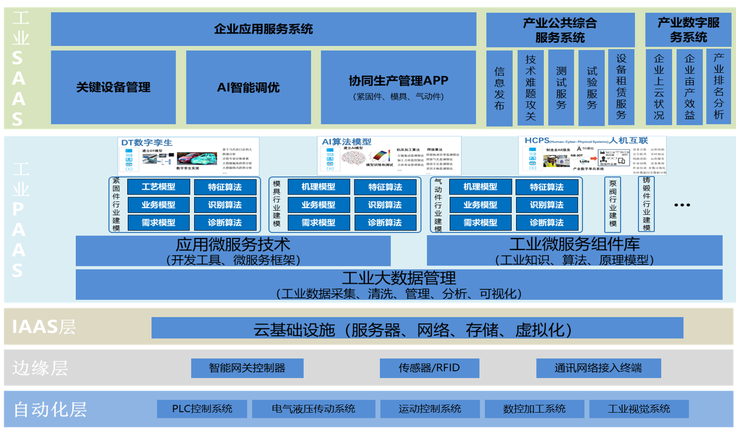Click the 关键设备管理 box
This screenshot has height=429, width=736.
pyautogui.click(x=113, y=87)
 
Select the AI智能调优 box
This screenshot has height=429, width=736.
pyautogui.click(x=248, y=87)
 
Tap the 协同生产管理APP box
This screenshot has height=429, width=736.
pyautogui.click(x=398, y=87)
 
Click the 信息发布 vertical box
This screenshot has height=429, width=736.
pyautogui.click(x=499, y=88)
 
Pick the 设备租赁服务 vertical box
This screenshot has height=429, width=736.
pyautogui.click(x=621, y=87)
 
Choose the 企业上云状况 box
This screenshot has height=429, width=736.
pyautogui.click(x=659, y=87)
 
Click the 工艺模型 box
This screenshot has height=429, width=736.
pyautogui.click(x=158, y=187)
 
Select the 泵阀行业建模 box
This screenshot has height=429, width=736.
pyautogui.click(x=613, y=205)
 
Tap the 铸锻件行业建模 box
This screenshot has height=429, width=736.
pyautogui.click(x=647, y=205)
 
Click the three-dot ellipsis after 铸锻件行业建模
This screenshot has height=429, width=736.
pyautogui.click(x=682, y=205)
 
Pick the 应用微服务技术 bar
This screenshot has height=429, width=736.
pyautogui.click(x=233, y=251)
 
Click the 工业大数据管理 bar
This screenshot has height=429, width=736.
pyautogui.click(x=398, y=285)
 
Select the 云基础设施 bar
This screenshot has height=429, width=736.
pyautogui.click(x=417, y=328)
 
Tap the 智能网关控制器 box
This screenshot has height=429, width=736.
pyautogui.click(x=247, y=368)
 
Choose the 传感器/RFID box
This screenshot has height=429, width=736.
pyautogui.click(x=429, y=368)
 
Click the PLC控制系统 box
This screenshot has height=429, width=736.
pyautogui.click(x=202, y=409)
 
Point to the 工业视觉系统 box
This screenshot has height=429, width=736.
pyautogui.click(x=639, y=409)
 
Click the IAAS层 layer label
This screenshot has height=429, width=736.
pyautogui.click(x=44, y=327)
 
